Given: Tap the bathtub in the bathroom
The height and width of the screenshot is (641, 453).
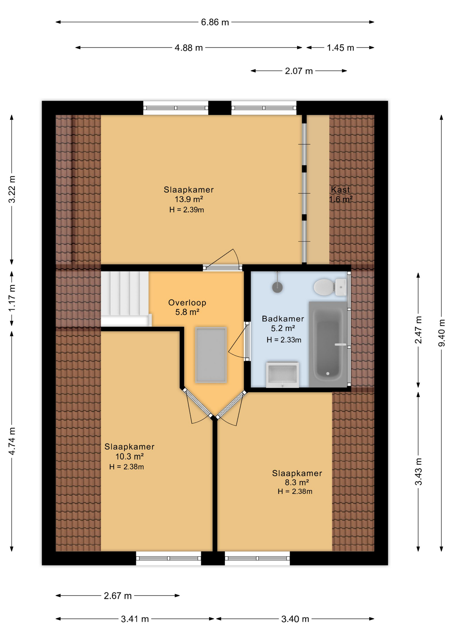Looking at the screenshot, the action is (x=328, y=344).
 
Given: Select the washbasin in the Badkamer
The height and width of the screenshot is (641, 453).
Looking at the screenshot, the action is (x=282, y=374).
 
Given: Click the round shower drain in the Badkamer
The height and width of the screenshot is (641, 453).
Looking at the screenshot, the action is (x=277, y=287).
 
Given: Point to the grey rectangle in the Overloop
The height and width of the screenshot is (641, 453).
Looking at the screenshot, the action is (x=211, y=355).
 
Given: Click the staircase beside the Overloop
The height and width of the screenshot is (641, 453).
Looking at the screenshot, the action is (x=125, y=298).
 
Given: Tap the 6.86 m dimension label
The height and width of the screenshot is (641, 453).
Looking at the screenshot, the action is (x=215, y=22).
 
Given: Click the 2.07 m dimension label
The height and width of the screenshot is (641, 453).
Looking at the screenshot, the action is (x=299, y=71).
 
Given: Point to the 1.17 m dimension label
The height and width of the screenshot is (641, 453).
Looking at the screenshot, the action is (x=12, y=298).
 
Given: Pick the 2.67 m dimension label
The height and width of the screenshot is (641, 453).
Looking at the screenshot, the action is (x=117, y=596).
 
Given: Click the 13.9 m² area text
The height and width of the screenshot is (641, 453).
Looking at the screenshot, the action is (x=189, y=199).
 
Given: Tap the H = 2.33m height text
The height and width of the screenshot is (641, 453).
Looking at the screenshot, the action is (x=284, y=340).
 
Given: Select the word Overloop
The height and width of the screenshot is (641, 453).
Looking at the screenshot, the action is (x=187, y=303).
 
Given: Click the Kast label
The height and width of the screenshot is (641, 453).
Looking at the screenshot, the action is (x=340, y=190).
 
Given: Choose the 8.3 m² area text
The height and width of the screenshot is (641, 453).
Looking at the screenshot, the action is (x=297, y=482).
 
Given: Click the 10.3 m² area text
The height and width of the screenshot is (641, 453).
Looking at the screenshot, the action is (x=129, y=456).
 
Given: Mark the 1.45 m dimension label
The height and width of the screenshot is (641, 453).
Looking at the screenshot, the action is (x=340, y=48).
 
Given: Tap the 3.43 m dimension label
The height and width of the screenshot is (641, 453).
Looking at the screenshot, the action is (x=418, y=472).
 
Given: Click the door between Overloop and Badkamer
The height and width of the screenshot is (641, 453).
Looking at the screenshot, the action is (x=247, y=341).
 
